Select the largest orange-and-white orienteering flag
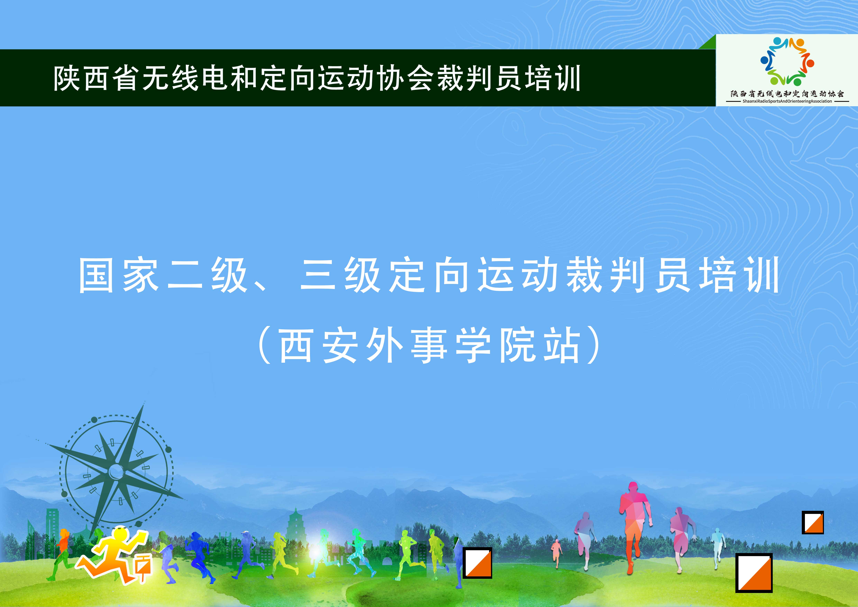[754, 573]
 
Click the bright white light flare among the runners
[316, 549]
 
